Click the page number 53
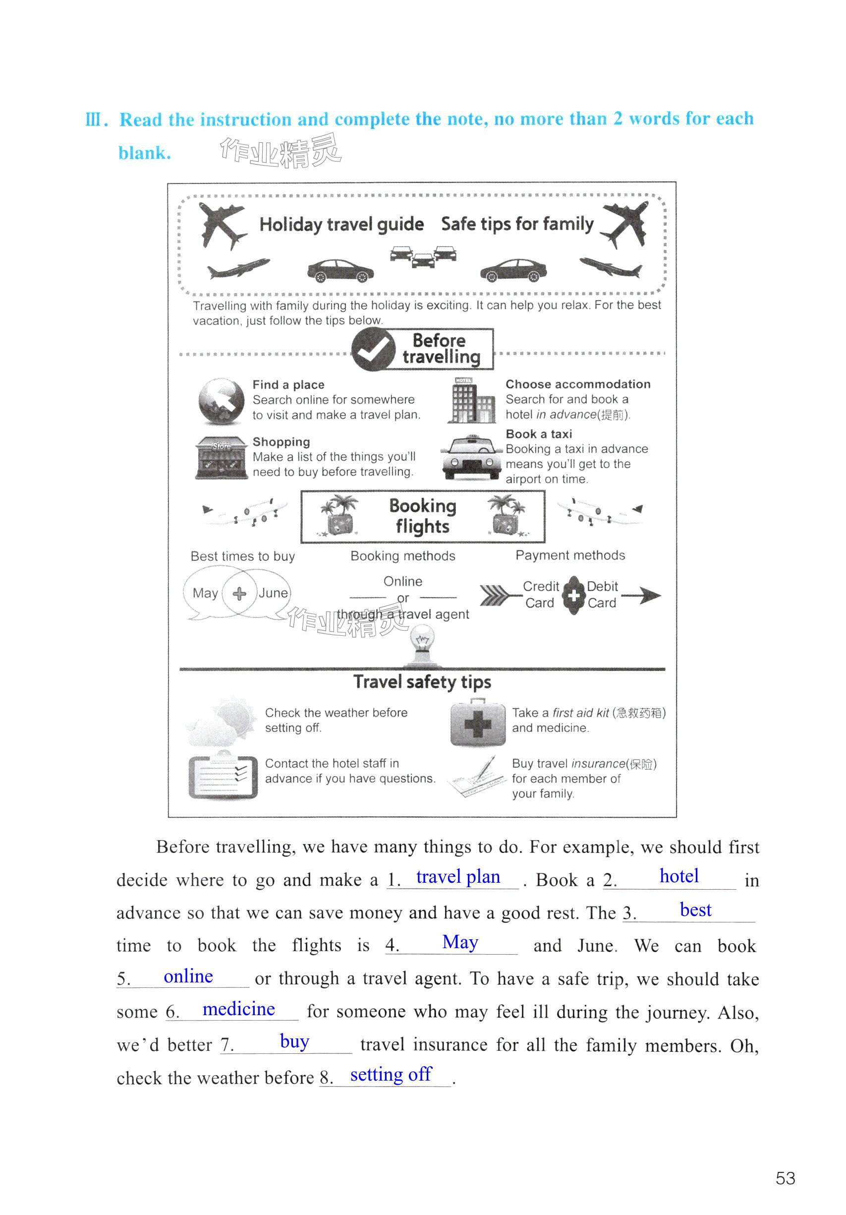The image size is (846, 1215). coord(785,1178)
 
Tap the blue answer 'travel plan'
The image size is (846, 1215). coord(457,877)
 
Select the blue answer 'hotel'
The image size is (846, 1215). coord(678,876)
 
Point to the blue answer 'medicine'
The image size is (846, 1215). coord(238,1009)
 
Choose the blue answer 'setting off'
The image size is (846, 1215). coord(391,1074)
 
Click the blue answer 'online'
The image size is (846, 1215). coord(188,976)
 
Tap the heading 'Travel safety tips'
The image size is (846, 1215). coord(422,681)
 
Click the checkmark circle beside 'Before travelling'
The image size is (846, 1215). coord(373,349)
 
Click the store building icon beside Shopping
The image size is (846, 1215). coord(222,458)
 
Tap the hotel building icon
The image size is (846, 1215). coord(471,401)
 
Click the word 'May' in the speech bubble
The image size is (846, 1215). coord(205,593)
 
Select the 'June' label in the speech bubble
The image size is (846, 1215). coord(273,593)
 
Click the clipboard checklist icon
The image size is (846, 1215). coord(223,776)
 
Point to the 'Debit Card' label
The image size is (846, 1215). coord(602,594)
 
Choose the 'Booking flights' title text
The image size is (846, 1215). coord(422,516)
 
